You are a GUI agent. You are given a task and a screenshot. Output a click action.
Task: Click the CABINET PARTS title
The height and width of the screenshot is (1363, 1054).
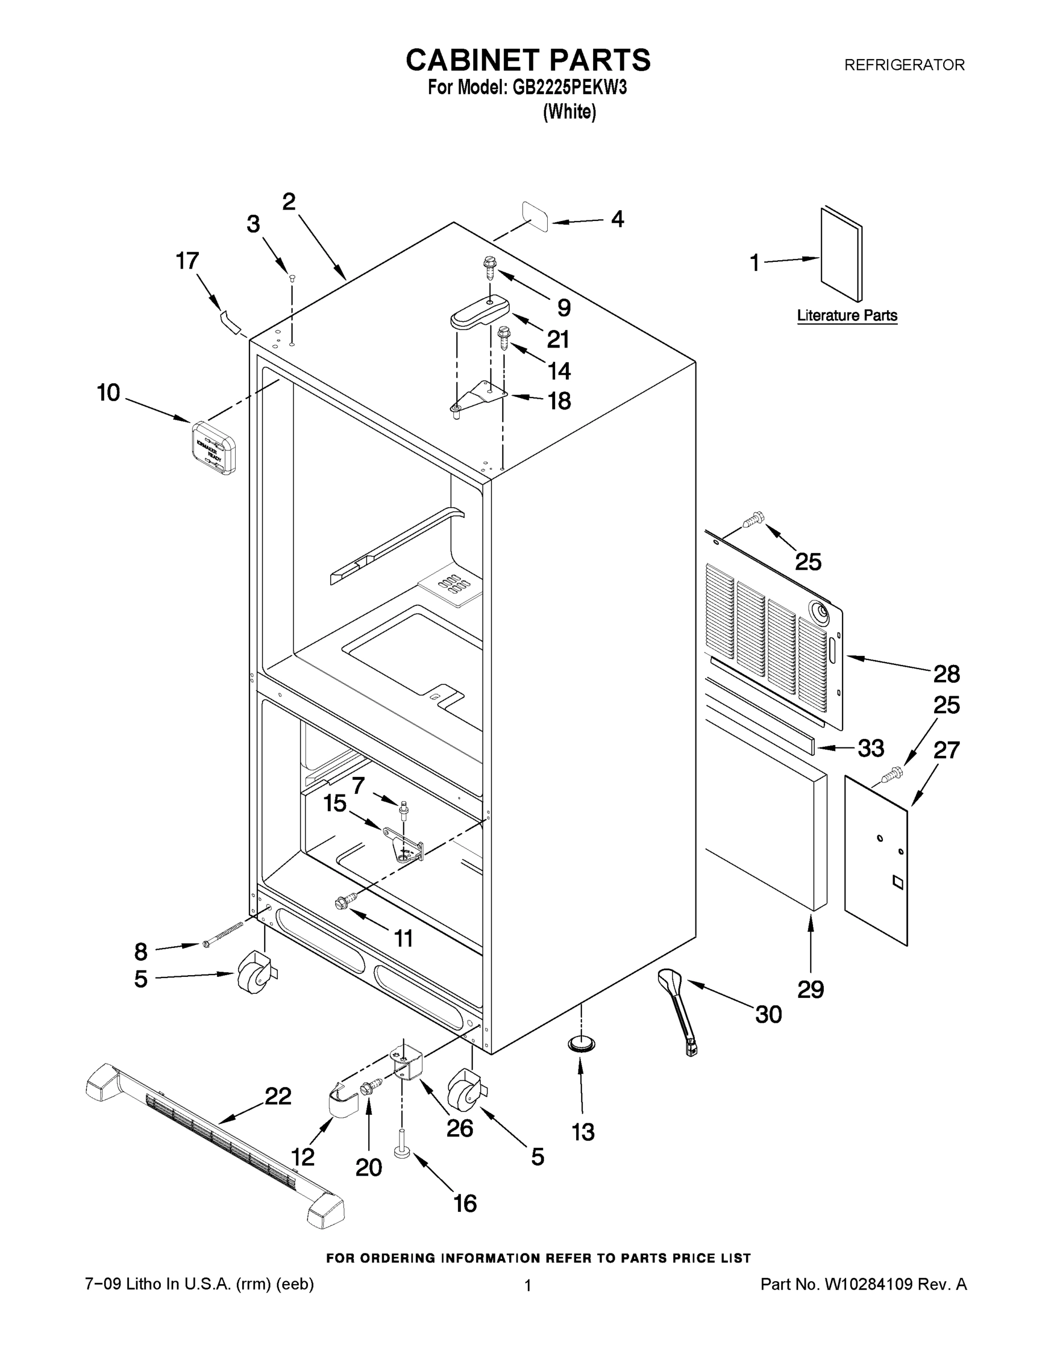528,61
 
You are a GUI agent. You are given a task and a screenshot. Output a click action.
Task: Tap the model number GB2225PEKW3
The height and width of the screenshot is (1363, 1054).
569,88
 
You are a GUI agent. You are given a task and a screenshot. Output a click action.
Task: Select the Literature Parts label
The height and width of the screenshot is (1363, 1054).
847,316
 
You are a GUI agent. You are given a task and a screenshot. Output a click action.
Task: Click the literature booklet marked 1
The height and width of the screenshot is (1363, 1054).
840,254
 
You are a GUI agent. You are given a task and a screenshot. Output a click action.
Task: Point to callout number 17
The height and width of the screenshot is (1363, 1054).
188,261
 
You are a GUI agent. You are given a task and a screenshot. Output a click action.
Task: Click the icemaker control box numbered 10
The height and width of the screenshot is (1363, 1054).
213,447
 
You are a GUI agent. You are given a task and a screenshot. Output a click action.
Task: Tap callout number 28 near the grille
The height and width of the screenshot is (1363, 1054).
946,674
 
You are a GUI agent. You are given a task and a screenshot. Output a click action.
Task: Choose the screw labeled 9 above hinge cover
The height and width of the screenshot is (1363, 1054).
489,269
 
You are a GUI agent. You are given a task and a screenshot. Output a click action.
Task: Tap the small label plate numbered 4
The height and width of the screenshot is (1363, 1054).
535,216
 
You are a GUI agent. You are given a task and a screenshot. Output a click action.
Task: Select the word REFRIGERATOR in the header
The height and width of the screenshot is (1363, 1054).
904,65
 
